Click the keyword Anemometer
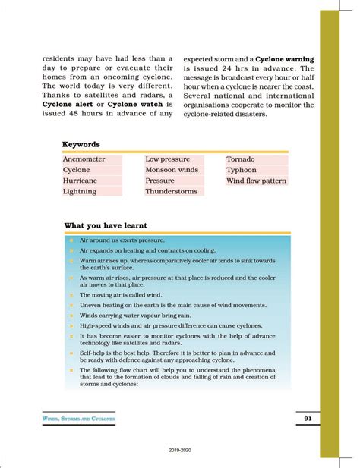pos(84,160)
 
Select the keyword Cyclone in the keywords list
pos(77,171)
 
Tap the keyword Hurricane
pos(80,181)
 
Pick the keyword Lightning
pos(80,192)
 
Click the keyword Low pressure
pos(169,160)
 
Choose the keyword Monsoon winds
pos(172,171)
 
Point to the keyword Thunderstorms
pos(172,192)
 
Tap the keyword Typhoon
pos(242,171)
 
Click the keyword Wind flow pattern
pos(257,181)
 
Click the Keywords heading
pos(81,144)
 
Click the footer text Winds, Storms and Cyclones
pos(79,419)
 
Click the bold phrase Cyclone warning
pos(285,58)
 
